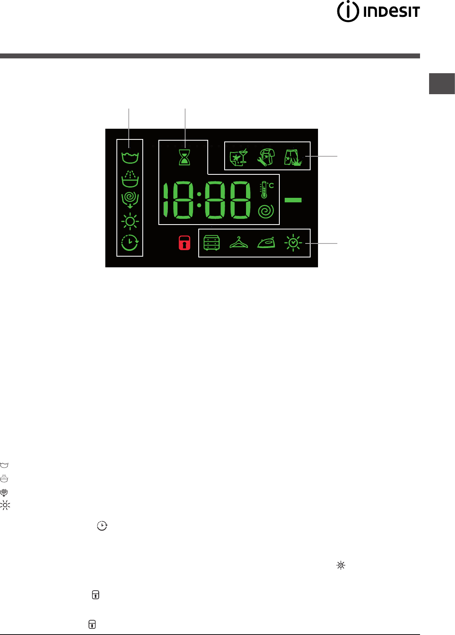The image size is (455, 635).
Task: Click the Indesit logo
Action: point(378,12)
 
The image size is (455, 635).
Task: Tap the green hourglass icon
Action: point(185,158)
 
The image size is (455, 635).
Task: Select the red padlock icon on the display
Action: point(185,243)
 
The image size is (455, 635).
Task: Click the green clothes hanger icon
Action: point(239,243)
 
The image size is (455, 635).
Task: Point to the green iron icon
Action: point(266,243)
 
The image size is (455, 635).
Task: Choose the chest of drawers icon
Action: point(212,243)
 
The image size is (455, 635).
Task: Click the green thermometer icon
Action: point(264,190)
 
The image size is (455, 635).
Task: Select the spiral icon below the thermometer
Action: point(266,211)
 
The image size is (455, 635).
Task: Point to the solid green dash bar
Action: point(293,200)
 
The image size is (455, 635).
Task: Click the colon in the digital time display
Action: point(199,199)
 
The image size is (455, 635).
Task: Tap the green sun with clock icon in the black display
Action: point(293,243)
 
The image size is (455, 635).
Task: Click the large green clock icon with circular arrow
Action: point(130,243)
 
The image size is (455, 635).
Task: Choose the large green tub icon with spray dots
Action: point(130,179)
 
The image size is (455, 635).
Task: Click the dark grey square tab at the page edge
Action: point(442,83)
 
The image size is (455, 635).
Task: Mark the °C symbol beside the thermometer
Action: point(271,185)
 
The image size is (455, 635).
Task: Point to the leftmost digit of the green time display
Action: point(168,200)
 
